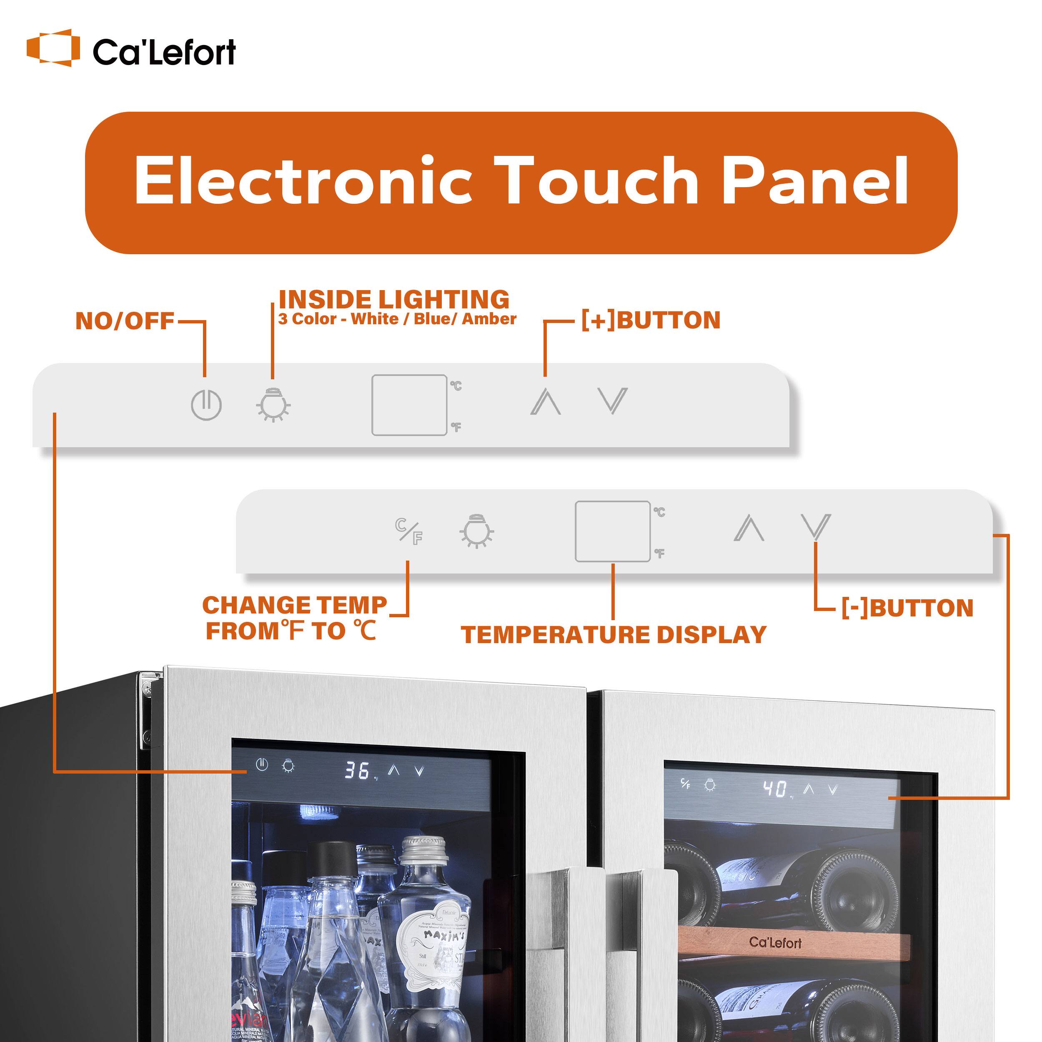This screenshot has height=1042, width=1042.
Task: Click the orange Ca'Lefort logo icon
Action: click(x=53, y=48)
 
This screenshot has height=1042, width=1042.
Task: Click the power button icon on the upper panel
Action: click(x=206, y=405)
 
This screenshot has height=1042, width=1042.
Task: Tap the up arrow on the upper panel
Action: click(x=545, y=402)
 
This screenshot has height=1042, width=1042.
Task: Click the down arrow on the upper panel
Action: click(x=613, y=401)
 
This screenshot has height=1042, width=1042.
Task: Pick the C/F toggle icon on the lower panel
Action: click(x=408, y=531)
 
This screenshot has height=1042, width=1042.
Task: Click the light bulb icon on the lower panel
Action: click(x=477, y=531)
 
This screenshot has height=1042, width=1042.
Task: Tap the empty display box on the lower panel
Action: click(x=612, y=531)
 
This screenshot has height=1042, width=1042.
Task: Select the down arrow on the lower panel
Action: click(x=816, y=527)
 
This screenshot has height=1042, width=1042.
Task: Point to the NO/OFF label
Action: click(x=125, y=321)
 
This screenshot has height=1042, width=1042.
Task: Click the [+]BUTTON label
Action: click(x=651, y=321)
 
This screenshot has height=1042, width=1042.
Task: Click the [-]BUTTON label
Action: click(x=907, y=609)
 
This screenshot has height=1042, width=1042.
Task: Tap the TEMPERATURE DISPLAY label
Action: click(x=613, y=635)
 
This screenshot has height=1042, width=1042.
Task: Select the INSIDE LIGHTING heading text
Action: click(x=394, y=300)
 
